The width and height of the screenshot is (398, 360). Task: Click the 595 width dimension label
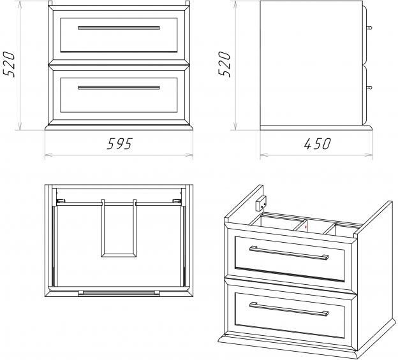[x=119, y=144]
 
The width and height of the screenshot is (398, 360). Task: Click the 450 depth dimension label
[x=317, y=144]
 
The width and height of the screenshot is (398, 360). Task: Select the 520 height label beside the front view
[x=9, y=64]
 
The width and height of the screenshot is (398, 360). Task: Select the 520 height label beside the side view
[x=224, y=64]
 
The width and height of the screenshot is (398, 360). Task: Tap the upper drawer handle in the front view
[x=119, y=28]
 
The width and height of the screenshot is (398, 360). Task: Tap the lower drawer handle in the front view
[x=119, y=88]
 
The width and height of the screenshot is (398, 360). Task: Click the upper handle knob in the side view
[x=369, y=27]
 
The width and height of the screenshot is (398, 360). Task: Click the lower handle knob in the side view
[x=369, y=88]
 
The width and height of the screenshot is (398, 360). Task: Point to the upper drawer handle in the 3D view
[x=289, y=253]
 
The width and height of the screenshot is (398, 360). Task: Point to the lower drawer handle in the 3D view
[x=289, y=310]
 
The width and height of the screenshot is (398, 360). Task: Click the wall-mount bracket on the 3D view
[x=261, y=203]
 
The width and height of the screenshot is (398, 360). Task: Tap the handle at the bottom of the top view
[x=119, y=293]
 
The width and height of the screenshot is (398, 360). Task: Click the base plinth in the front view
[x=119, y=127]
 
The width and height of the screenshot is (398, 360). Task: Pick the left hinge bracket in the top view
[x=61, y=201]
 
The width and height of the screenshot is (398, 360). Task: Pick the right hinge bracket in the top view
[x=177, y=201]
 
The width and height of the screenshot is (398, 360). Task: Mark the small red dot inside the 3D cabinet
[x=306, y=227]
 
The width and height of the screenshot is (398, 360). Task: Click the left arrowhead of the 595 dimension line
[x=48, y=155]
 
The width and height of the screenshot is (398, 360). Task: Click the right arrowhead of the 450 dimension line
[x=369, y=155]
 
